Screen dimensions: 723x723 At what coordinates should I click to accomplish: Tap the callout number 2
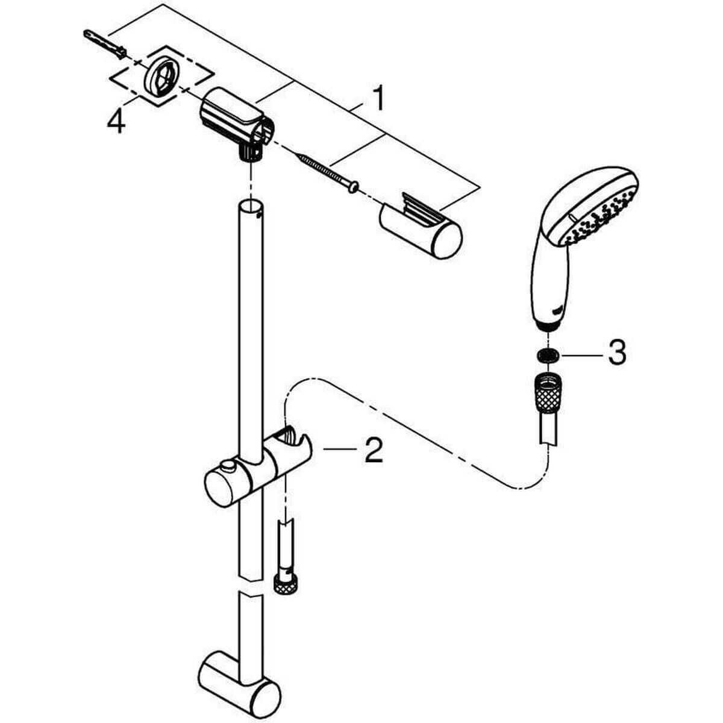[373, 450]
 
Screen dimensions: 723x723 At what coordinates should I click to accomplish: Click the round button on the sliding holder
[227, 466]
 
